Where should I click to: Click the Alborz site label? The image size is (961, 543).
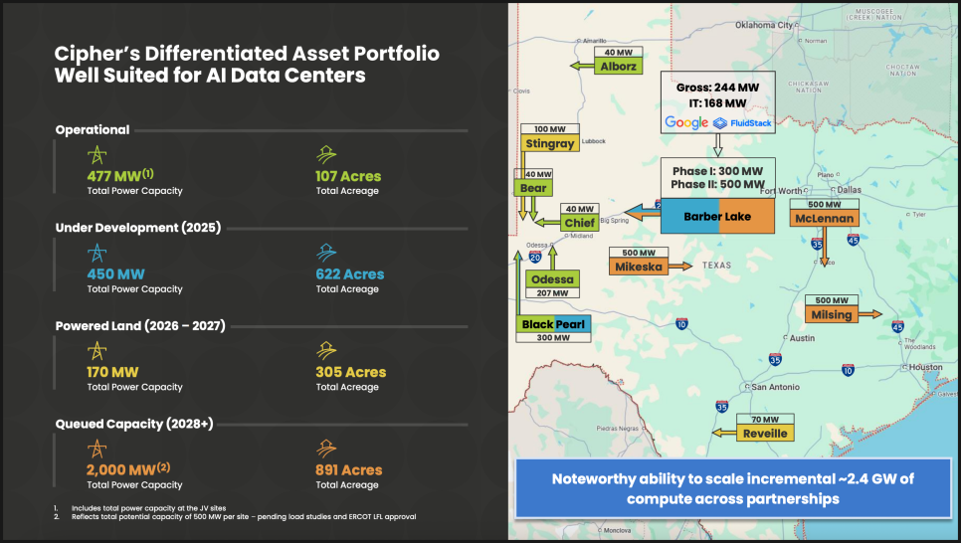pos(618,67)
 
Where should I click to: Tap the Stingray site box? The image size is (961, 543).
pos(549,143)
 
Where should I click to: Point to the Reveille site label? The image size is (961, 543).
pos(765,433)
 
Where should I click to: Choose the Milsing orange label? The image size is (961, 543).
pos(832,314)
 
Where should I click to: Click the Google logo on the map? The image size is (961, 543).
pos(685,123)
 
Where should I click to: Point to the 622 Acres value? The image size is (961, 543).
pos(349,273)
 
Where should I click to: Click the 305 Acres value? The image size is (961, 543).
pos(350,372)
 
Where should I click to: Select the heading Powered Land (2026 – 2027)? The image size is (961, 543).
pos(140,326)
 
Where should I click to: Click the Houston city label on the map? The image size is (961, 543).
pos(925,366)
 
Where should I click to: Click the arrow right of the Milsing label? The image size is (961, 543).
pos(868,314)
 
